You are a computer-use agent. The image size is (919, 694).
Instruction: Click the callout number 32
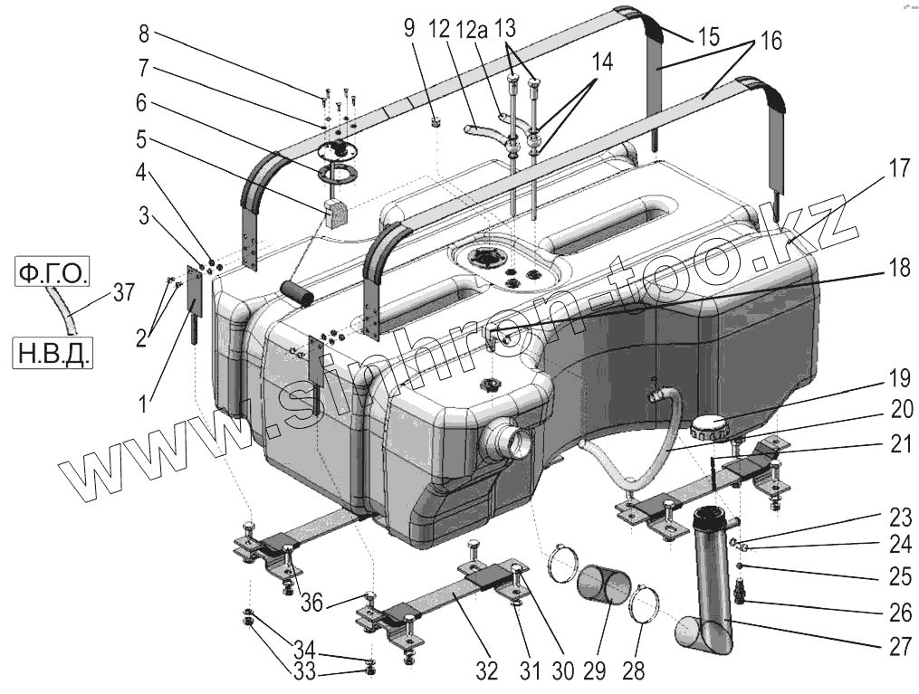click(x=486, y=671)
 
